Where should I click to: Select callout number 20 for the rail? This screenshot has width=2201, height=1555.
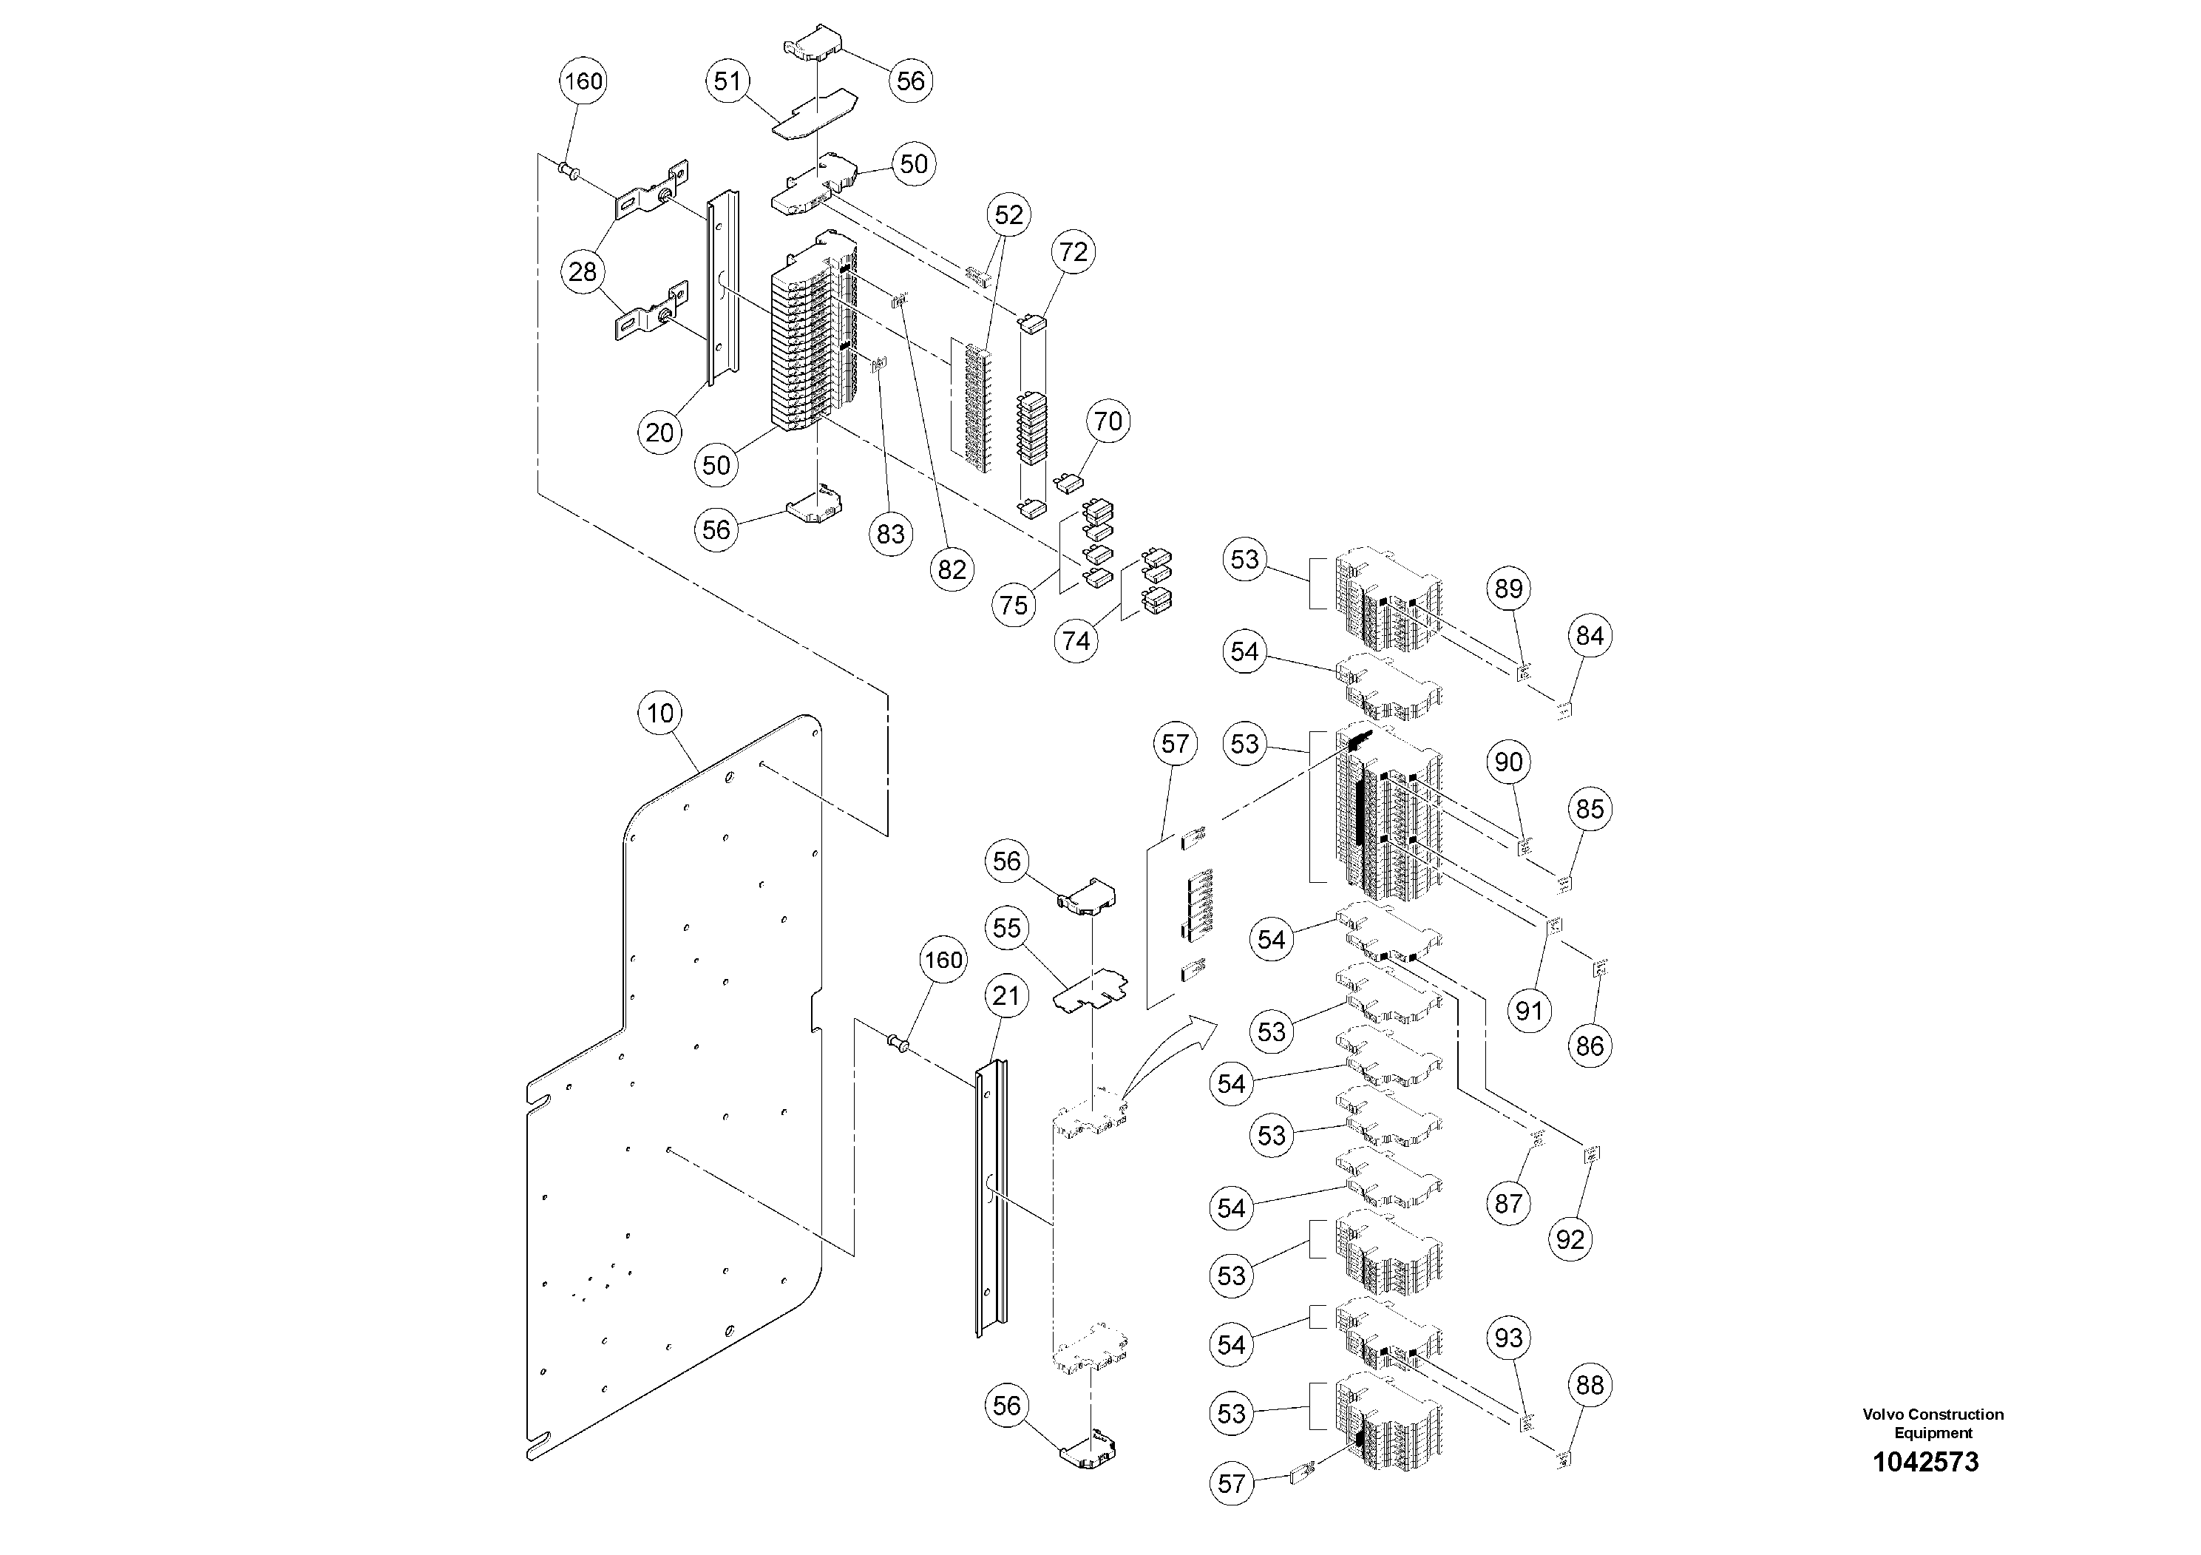coord(659,433)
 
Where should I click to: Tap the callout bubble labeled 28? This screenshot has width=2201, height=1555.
coord(583,271)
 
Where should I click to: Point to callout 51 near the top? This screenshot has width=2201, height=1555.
coord(728,81)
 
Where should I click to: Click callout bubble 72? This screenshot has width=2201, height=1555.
coord(1073,251)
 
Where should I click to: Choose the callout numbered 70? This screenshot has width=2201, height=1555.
coord(1108,421)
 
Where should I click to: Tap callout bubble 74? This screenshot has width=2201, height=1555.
coord(1076,640)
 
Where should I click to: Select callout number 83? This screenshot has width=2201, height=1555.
coord(891,534)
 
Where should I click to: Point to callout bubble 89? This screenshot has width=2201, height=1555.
coord(1508,588)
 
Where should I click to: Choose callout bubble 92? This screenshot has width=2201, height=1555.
coord(1570,1239)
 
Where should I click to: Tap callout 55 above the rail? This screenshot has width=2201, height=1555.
coord(1006,928)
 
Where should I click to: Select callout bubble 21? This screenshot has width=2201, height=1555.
coord(1005,996)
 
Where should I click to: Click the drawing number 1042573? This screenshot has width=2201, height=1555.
coord(1925,1461)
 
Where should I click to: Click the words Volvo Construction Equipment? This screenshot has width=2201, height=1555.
coord(1933,1423)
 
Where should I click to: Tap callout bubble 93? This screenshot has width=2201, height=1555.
coord(1508,1338)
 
